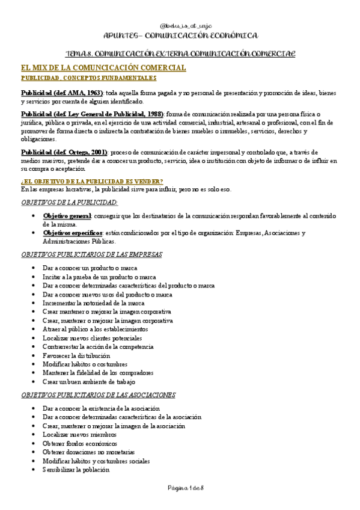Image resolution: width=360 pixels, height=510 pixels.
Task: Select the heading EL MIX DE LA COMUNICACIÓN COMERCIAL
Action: coord(103,69)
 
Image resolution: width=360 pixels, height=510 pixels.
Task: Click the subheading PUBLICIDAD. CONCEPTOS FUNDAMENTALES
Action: coord(88,78)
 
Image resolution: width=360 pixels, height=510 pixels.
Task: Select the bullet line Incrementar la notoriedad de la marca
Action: coord(93,303)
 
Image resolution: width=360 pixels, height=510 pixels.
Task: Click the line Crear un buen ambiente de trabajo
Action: coord(89,381)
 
